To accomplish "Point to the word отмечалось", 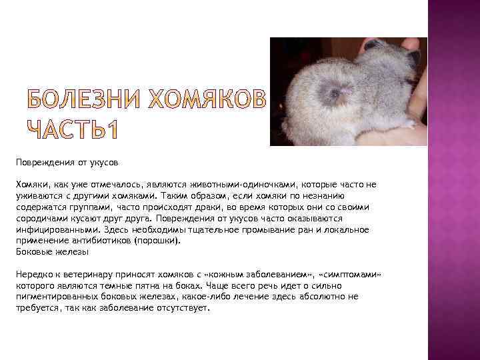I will pyautogui.click(x=134, y=184).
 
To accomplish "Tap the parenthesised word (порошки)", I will pyautogui.click(x=157, y=241).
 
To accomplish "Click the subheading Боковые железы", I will pyautogui.click(x=51, y=252).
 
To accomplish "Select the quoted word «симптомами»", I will pyautogui.click(x=352, y=275).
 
